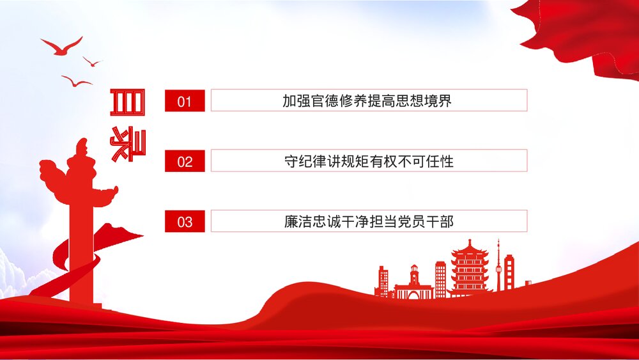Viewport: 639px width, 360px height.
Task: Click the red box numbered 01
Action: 185,100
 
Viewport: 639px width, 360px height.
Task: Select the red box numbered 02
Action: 185,161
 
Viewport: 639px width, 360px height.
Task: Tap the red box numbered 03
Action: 185,221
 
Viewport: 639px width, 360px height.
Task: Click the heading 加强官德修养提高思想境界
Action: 368,100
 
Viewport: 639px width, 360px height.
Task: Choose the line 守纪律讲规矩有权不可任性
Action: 368,161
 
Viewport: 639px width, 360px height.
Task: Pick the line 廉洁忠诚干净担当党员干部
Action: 368,221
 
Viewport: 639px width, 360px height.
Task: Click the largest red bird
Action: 61,47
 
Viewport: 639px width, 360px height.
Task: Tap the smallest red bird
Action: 92,62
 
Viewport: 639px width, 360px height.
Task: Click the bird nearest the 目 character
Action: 77,81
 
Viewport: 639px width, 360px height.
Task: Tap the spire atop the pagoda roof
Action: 470,242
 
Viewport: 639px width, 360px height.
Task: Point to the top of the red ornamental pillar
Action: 81,147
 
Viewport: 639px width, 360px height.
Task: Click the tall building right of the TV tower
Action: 509,272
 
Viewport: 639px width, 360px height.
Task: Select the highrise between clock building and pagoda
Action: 440,279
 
